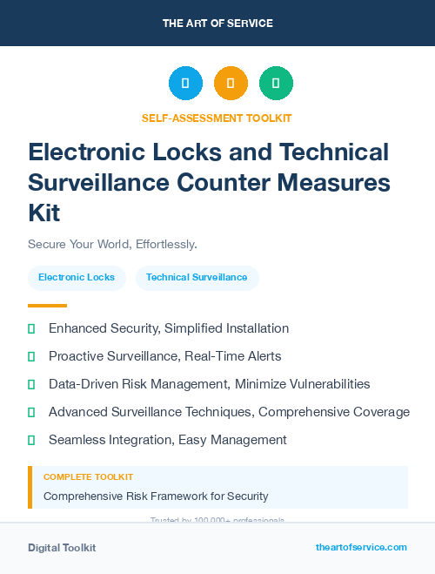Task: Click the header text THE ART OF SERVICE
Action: [217, 24]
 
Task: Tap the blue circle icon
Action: [185, 84]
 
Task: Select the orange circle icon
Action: [231, 84]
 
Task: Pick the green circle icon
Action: [276, 84]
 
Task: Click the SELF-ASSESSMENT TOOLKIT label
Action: [217, 118]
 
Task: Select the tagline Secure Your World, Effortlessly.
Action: [112, 244]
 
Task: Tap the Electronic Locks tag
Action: [77, 278]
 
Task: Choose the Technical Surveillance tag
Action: [197, 278]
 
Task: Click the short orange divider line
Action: [47, 306]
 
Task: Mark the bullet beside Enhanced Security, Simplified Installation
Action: [31, 329]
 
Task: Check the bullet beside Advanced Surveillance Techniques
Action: [31, 412]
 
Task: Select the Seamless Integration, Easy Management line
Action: [168, 440]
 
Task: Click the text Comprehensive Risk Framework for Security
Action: [156, 496]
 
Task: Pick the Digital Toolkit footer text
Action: [62, 548]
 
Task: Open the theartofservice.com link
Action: [361, 547]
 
